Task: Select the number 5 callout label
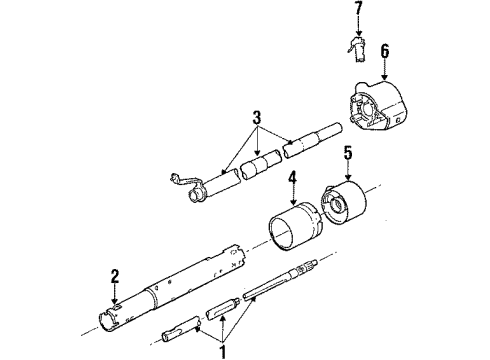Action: [348, 154]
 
